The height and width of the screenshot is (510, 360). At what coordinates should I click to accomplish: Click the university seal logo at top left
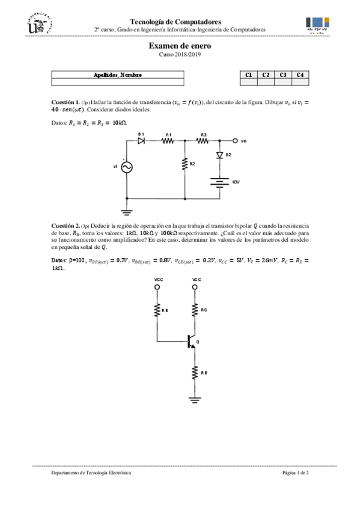(x=40, y=25)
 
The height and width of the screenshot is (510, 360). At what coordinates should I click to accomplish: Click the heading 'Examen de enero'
(x=180, y=46)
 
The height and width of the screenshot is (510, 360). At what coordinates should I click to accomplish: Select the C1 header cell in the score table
(x=248, y=75)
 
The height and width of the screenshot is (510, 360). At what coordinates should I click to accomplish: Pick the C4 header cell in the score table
(x=299, y=75)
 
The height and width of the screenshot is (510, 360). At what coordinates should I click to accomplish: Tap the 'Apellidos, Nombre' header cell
(x=118, y=75)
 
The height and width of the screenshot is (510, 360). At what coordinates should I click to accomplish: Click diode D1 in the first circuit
(x=142, y=141)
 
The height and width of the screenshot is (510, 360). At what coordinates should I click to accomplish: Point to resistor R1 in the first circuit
(x=168, y=141)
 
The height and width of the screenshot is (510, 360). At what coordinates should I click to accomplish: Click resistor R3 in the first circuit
(x=203, y=141)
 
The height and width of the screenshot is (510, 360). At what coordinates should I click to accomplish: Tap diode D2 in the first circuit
(x=220, y=155)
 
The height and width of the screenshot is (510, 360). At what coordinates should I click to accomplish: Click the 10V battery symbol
(x=220, y=181)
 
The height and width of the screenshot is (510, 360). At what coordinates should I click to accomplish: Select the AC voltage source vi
(x=127, y=167)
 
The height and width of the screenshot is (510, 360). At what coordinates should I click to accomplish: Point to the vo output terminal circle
(x=235, y=141)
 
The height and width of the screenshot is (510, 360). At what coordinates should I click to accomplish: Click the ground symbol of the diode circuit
(x=127, y=210)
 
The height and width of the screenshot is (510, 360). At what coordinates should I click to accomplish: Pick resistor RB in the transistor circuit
(x=157, y=310)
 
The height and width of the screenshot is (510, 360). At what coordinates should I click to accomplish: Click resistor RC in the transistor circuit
(x=195, y=310)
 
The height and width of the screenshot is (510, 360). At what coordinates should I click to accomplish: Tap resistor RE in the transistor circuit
(x=195, y=373)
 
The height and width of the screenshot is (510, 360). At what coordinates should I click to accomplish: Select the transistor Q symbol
(x=191, y=342)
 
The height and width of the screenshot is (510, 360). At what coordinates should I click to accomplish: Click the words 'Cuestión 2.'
(x=65, y=224)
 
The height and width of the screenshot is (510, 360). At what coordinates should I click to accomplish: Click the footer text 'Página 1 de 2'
(x=295, y=473)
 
